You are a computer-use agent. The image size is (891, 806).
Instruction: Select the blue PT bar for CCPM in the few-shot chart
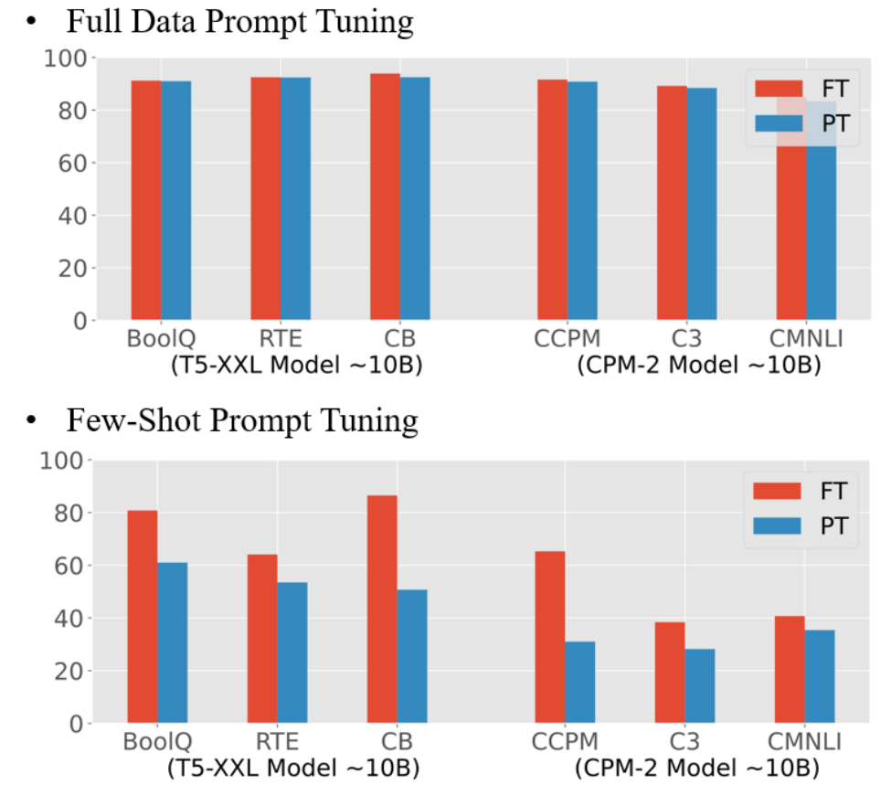click(x=579, y=682)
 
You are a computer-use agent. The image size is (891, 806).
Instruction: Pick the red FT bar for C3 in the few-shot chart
click(x=670, y=673)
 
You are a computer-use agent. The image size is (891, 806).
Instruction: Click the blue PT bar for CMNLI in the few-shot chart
click(x=819, y=676)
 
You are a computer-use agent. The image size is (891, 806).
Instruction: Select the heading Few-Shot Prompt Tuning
click(x=242, y=420)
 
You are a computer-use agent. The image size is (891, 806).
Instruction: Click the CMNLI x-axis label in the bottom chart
click(x=805, y=741)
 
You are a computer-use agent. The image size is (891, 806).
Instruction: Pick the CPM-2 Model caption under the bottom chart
click(x=697, y=768)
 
